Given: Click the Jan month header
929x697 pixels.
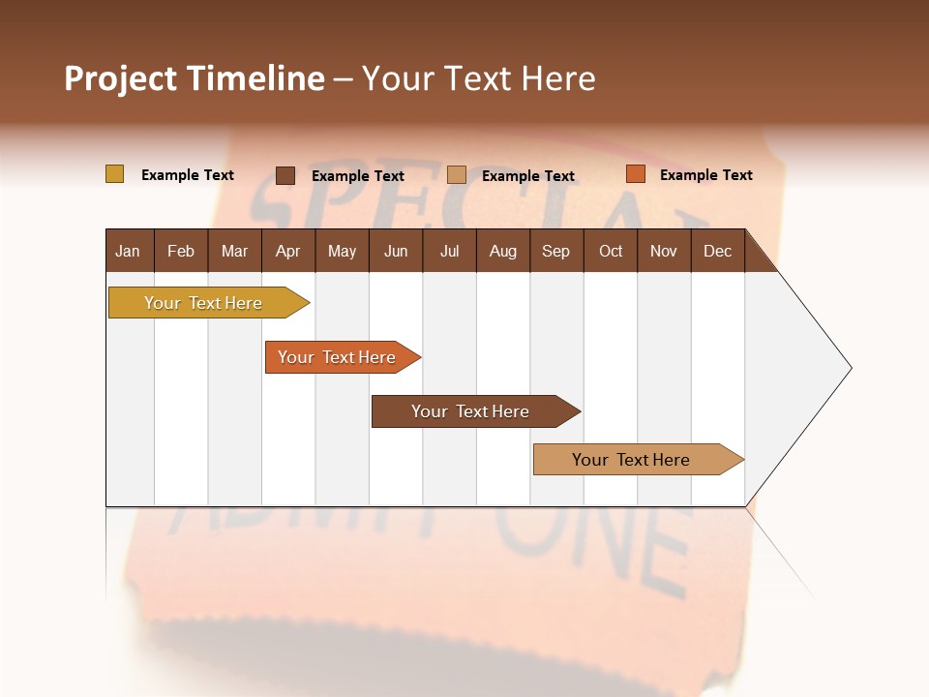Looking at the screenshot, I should pos(129,251).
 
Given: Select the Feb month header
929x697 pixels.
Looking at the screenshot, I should pos(181,251).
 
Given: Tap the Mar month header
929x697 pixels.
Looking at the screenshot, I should pos(234,251).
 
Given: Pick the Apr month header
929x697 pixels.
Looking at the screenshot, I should pos(288,251).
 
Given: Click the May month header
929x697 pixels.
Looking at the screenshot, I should pos(342,251).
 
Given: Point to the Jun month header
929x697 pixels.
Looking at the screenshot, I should pos(396,251).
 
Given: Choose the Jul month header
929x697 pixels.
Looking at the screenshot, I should pos(449,251).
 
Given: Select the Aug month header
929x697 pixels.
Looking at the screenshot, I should pos(503,251).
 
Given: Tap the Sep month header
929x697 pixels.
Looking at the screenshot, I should pos(556,251).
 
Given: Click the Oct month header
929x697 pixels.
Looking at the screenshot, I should pos(611,251).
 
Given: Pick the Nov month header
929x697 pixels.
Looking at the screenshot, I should pos(664,251).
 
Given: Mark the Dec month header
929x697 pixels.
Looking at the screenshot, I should pos(718,251).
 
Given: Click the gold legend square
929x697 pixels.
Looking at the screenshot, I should pos(115,174).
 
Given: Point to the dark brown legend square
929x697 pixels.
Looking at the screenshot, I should pos(285,175).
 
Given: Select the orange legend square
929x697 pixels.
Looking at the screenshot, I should pos(635,174).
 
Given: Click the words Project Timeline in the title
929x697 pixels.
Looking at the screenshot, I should pos(195,78).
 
